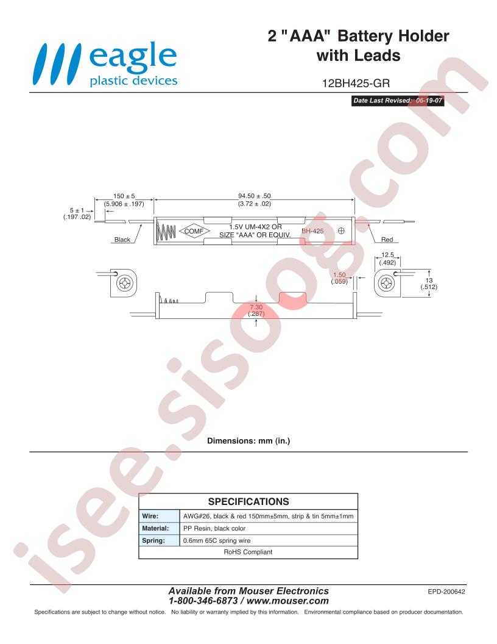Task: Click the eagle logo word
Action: pos(133,57)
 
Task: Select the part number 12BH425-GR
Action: pos(356,84)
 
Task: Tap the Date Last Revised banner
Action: pos(398,101)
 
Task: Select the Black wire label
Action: pos(122,240)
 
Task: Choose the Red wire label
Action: pos(387,240)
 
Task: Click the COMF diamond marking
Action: pos(194,231)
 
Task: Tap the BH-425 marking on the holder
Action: pos(312,231)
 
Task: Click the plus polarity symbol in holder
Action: pos(341,231)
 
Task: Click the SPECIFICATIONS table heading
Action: pos(248,501)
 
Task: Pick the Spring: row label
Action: pos(153,541)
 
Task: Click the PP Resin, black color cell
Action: pos(214,529)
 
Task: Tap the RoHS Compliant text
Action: pos(248,552)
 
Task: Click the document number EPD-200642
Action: pos(446,592)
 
